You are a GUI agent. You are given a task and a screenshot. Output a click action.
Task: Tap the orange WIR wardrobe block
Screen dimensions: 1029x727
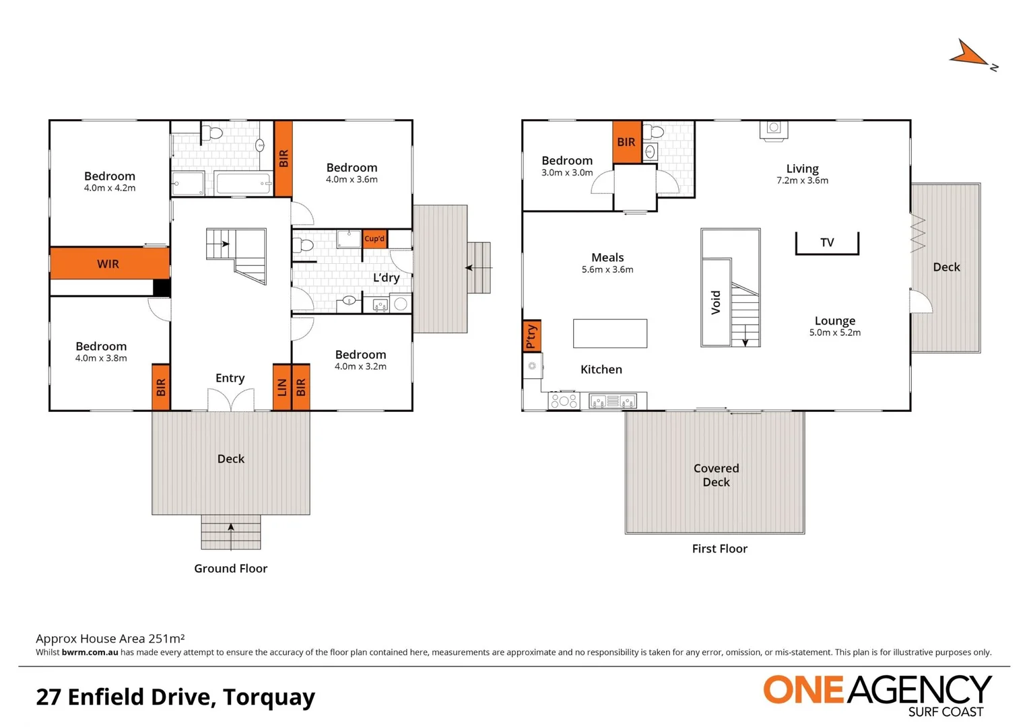[109, 264]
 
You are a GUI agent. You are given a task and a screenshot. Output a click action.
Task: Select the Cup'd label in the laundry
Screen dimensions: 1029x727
[374, 239]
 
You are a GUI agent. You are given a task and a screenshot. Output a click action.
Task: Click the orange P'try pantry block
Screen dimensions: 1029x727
[531, 335]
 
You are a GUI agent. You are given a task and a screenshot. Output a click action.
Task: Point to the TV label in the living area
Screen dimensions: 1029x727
[827, 242]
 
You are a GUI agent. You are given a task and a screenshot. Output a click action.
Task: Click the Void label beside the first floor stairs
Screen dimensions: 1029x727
[716, 302]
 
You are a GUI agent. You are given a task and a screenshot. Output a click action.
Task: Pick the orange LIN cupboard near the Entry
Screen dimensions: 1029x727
[281, 387]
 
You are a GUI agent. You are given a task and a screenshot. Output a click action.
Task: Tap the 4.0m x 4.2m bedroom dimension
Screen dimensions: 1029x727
[110, 188]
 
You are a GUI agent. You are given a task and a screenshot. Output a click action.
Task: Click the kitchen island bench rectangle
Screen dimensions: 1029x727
[609, 333]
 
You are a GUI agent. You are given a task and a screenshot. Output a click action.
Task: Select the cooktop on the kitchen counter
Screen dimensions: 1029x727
[564, 401]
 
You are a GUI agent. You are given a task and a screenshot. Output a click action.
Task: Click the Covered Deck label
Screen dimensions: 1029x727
[716, 475]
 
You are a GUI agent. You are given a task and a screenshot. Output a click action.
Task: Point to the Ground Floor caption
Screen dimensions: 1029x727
[230, 569]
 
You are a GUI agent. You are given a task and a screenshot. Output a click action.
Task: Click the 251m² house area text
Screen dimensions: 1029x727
[110, 638]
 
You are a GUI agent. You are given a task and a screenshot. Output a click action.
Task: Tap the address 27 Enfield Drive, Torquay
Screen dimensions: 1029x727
[175, 697]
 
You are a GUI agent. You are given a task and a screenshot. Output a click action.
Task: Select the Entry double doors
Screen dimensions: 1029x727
[230, 401]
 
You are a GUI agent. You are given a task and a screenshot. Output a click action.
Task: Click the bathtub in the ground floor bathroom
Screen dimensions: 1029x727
[243, 183]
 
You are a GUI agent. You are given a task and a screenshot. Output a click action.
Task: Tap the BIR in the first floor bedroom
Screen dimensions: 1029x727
[626, 142]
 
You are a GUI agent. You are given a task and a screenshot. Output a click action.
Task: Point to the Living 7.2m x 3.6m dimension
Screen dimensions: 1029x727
[802, 180]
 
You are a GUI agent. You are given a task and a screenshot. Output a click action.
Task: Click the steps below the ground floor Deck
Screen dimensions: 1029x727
[231, 532]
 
